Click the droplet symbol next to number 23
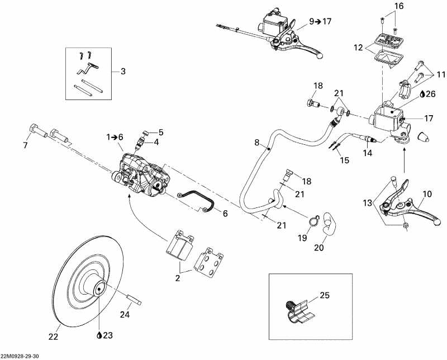click(98, 335)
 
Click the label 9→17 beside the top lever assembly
click(320, 22)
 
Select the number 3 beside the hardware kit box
click(122, 71)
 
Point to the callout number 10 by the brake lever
click(426, 194)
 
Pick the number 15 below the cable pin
click(345, 160)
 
